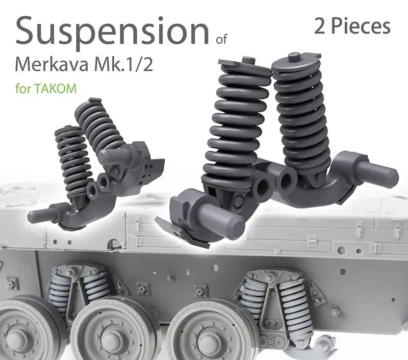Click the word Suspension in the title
tap(112, 32)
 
